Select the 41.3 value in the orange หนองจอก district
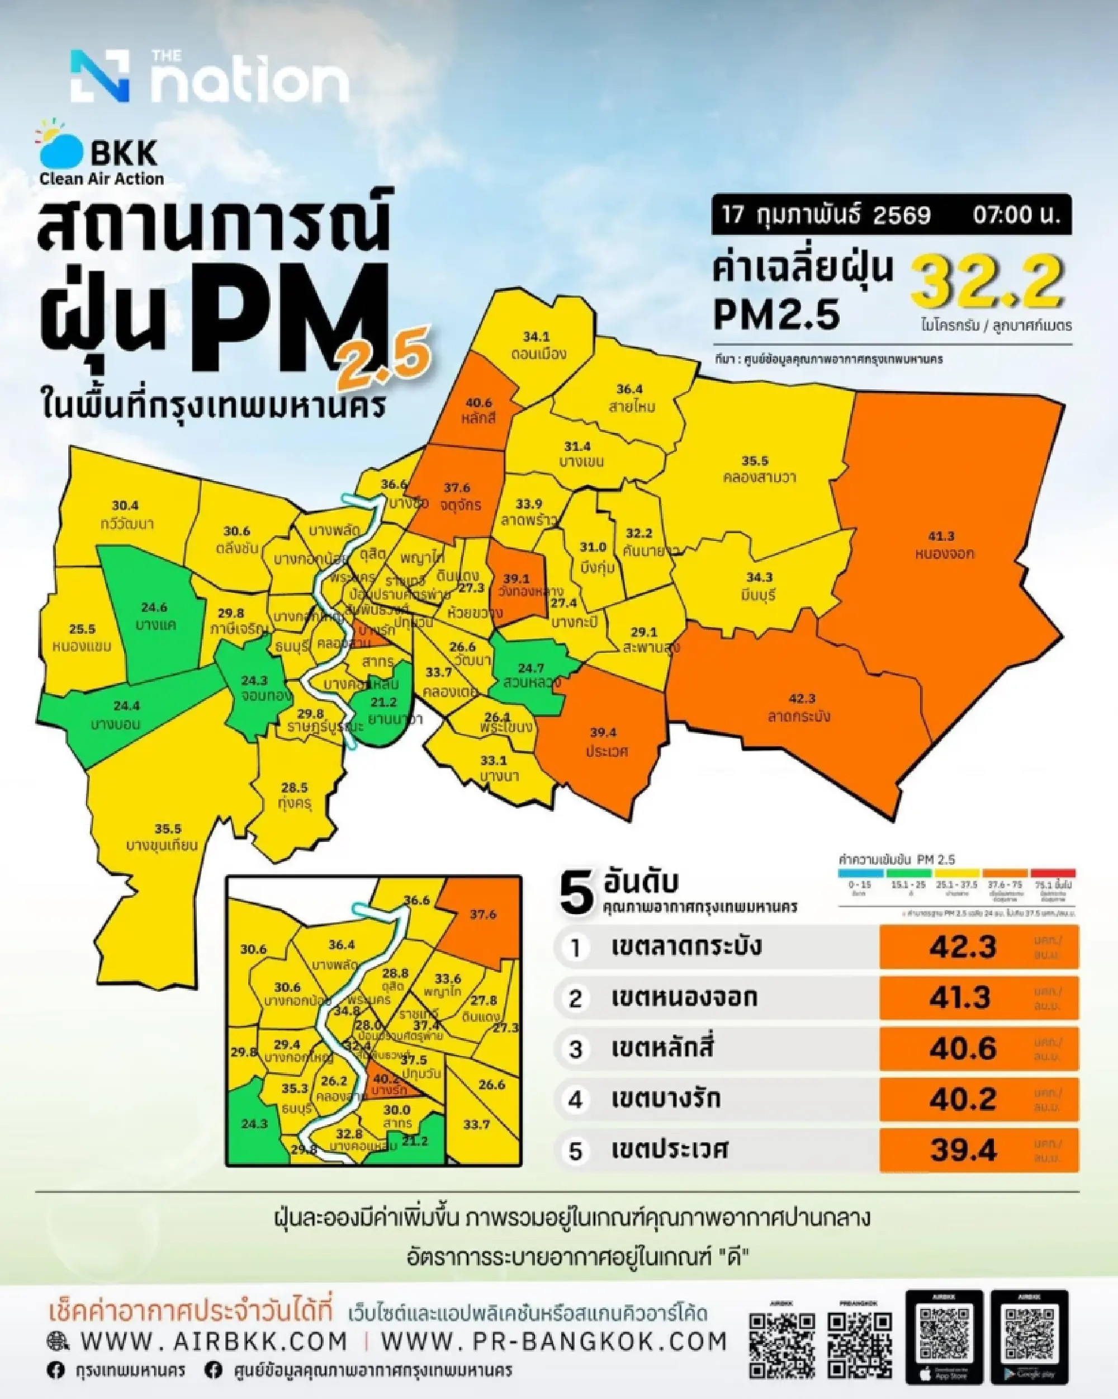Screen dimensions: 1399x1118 (x=941, y=536)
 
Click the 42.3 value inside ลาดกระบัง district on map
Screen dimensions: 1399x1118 (x=802, y=698)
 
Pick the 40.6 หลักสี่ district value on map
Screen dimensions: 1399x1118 (x=479, y=402)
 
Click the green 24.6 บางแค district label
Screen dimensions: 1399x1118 (x=154, y=607)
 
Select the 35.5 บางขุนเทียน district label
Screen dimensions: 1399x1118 (x=168, y=828)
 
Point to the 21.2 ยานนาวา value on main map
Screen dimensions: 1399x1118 (x=384, y=702)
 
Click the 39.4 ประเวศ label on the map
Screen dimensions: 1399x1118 (x=603, y=733)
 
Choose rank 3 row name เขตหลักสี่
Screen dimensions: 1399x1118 (x=661, y=1048)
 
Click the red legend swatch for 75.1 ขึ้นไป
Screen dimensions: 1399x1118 (x=1053, y=873)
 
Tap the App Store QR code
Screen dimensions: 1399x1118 (x=944, y=1325)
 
